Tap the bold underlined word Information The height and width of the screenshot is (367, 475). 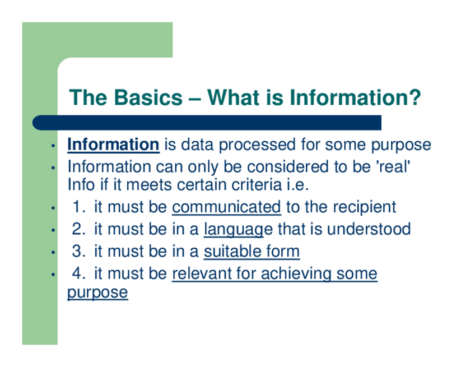click(x=113, y=144)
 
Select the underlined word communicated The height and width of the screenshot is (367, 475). click(x=226, y=207)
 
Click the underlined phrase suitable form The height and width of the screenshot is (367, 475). click(x=252, y=252)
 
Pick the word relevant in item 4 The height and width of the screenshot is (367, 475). click(x=202, y=273)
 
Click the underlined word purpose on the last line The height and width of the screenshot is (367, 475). click(x=97, y=292)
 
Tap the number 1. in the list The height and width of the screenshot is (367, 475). click(x=80, y=207)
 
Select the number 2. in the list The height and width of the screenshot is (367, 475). click(x=79, y=229)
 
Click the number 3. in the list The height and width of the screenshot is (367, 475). click(x=79, y=252)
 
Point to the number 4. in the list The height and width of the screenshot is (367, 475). click(x=79, y=273)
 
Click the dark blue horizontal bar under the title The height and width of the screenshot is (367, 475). click(x=207, y=123)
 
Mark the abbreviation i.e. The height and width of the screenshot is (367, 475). click(x=297, y=185)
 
